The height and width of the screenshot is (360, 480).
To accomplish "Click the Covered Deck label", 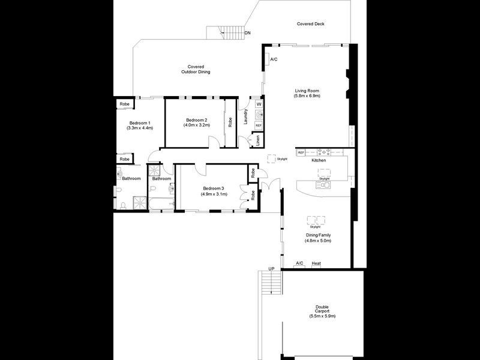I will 310,24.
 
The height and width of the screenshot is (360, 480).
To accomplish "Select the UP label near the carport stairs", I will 271,268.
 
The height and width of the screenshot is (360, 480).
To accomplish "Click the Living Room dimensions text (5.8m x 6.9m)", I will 307,96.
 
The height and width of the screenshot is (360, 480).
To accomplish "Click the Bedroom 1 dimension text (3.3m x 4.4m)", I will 140,128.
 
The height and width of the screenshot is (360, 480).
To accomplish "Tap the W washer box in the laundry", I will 259,104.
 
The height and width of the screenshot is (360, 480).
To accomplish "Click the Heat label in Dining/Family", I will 316,263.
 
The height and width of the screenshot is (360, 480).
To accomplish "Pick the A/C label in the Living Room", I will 274,59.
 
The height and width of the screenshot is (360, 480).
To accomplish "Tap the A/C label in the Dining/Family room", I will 300,263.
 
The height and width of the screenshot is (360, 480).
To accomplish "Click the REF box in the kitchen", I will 301,153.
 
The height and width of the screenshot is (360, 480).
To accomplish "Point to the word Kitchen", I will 319,161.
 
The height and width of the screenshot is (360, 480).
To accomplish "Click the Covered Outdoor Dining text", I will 196,69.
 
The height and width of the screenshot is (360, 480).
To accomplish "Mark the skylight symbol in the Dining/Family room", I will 316,219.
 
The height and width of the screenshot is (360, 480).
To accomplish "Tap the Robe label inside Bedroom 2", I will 230,122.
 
